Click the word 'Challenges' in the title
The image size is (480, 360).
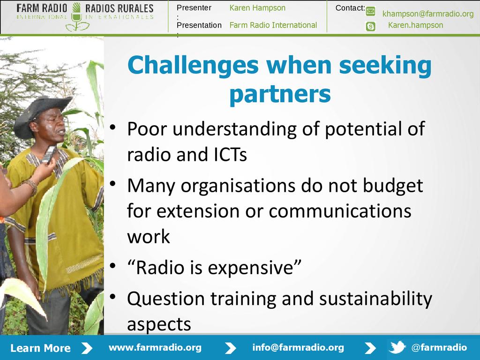(193, 66)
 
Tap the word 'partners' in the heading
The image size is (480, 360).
(280, 94)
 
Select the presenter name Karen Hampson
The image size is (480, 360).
(257, 8)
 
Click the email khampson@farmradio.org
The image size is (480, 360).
(428, 14)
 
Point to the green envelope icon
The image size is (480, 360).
(370, 11)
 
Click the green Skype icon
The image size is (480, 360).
(370, 27)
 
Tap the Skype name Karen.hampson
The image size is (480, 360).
(415, 25)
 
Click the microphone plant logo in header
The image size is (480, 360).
(76, 17)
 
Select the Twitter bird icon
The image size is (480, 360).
(397, 347)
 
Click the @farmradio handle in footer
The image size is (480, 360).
(439, 347)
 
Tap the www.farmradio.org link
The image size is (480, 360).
(155, 348)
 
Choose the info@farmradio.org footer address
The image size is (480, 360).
(298, 348)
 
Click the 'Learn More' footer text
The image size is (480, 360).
(40, 348)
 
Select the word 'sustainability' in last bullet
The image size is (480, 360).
(375, 299)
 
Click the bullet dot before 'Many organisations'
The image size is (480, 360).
(113, 184)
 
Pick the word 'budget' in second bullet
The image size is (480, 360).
(393, 186)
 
